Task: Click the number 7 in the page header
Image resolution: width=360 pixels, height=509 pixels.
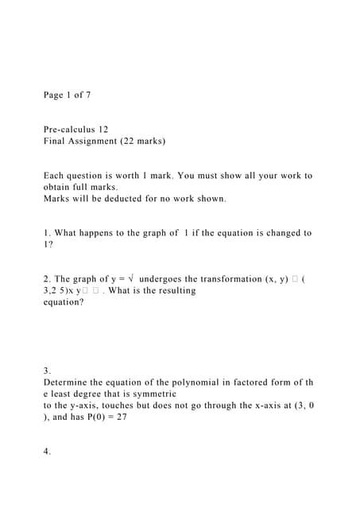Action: point(87,95)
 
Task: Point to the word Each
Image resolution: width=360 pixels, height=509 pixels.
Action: point(54,175)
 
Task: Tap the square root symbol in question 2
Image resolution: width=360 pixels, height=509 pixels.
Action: point(130,278)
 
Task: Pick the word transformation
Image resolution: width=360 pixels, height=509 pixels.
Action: point(234,278)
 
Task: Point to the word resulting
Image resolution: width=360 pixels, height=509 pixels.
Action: point(173,290)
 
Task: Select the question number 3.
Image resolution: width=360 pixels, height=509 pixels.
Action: point(48,371)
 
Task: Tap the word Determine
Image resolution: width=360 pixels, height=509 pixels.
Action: point(68,383)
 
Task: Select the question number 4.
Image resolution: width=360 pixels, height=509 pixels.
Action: point(48,451)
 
